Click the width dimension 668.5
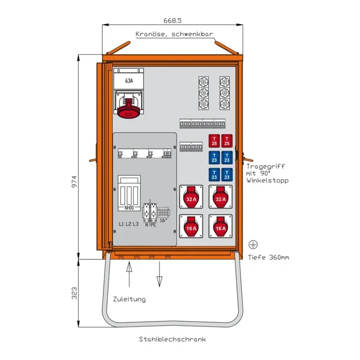(172, 21)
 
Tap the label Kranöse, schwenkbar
(174, 34)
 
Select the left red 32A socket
(191, 198)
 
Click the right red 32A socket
(220, 198)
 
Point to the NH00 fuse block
(129, 193)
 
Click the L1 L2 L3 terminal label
(128, 224)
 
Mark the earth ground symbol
(253, 244)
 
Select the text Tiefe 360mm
(269, 257)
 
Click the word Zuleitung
(129, 299)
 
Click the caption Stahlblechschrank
(172, 339)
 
